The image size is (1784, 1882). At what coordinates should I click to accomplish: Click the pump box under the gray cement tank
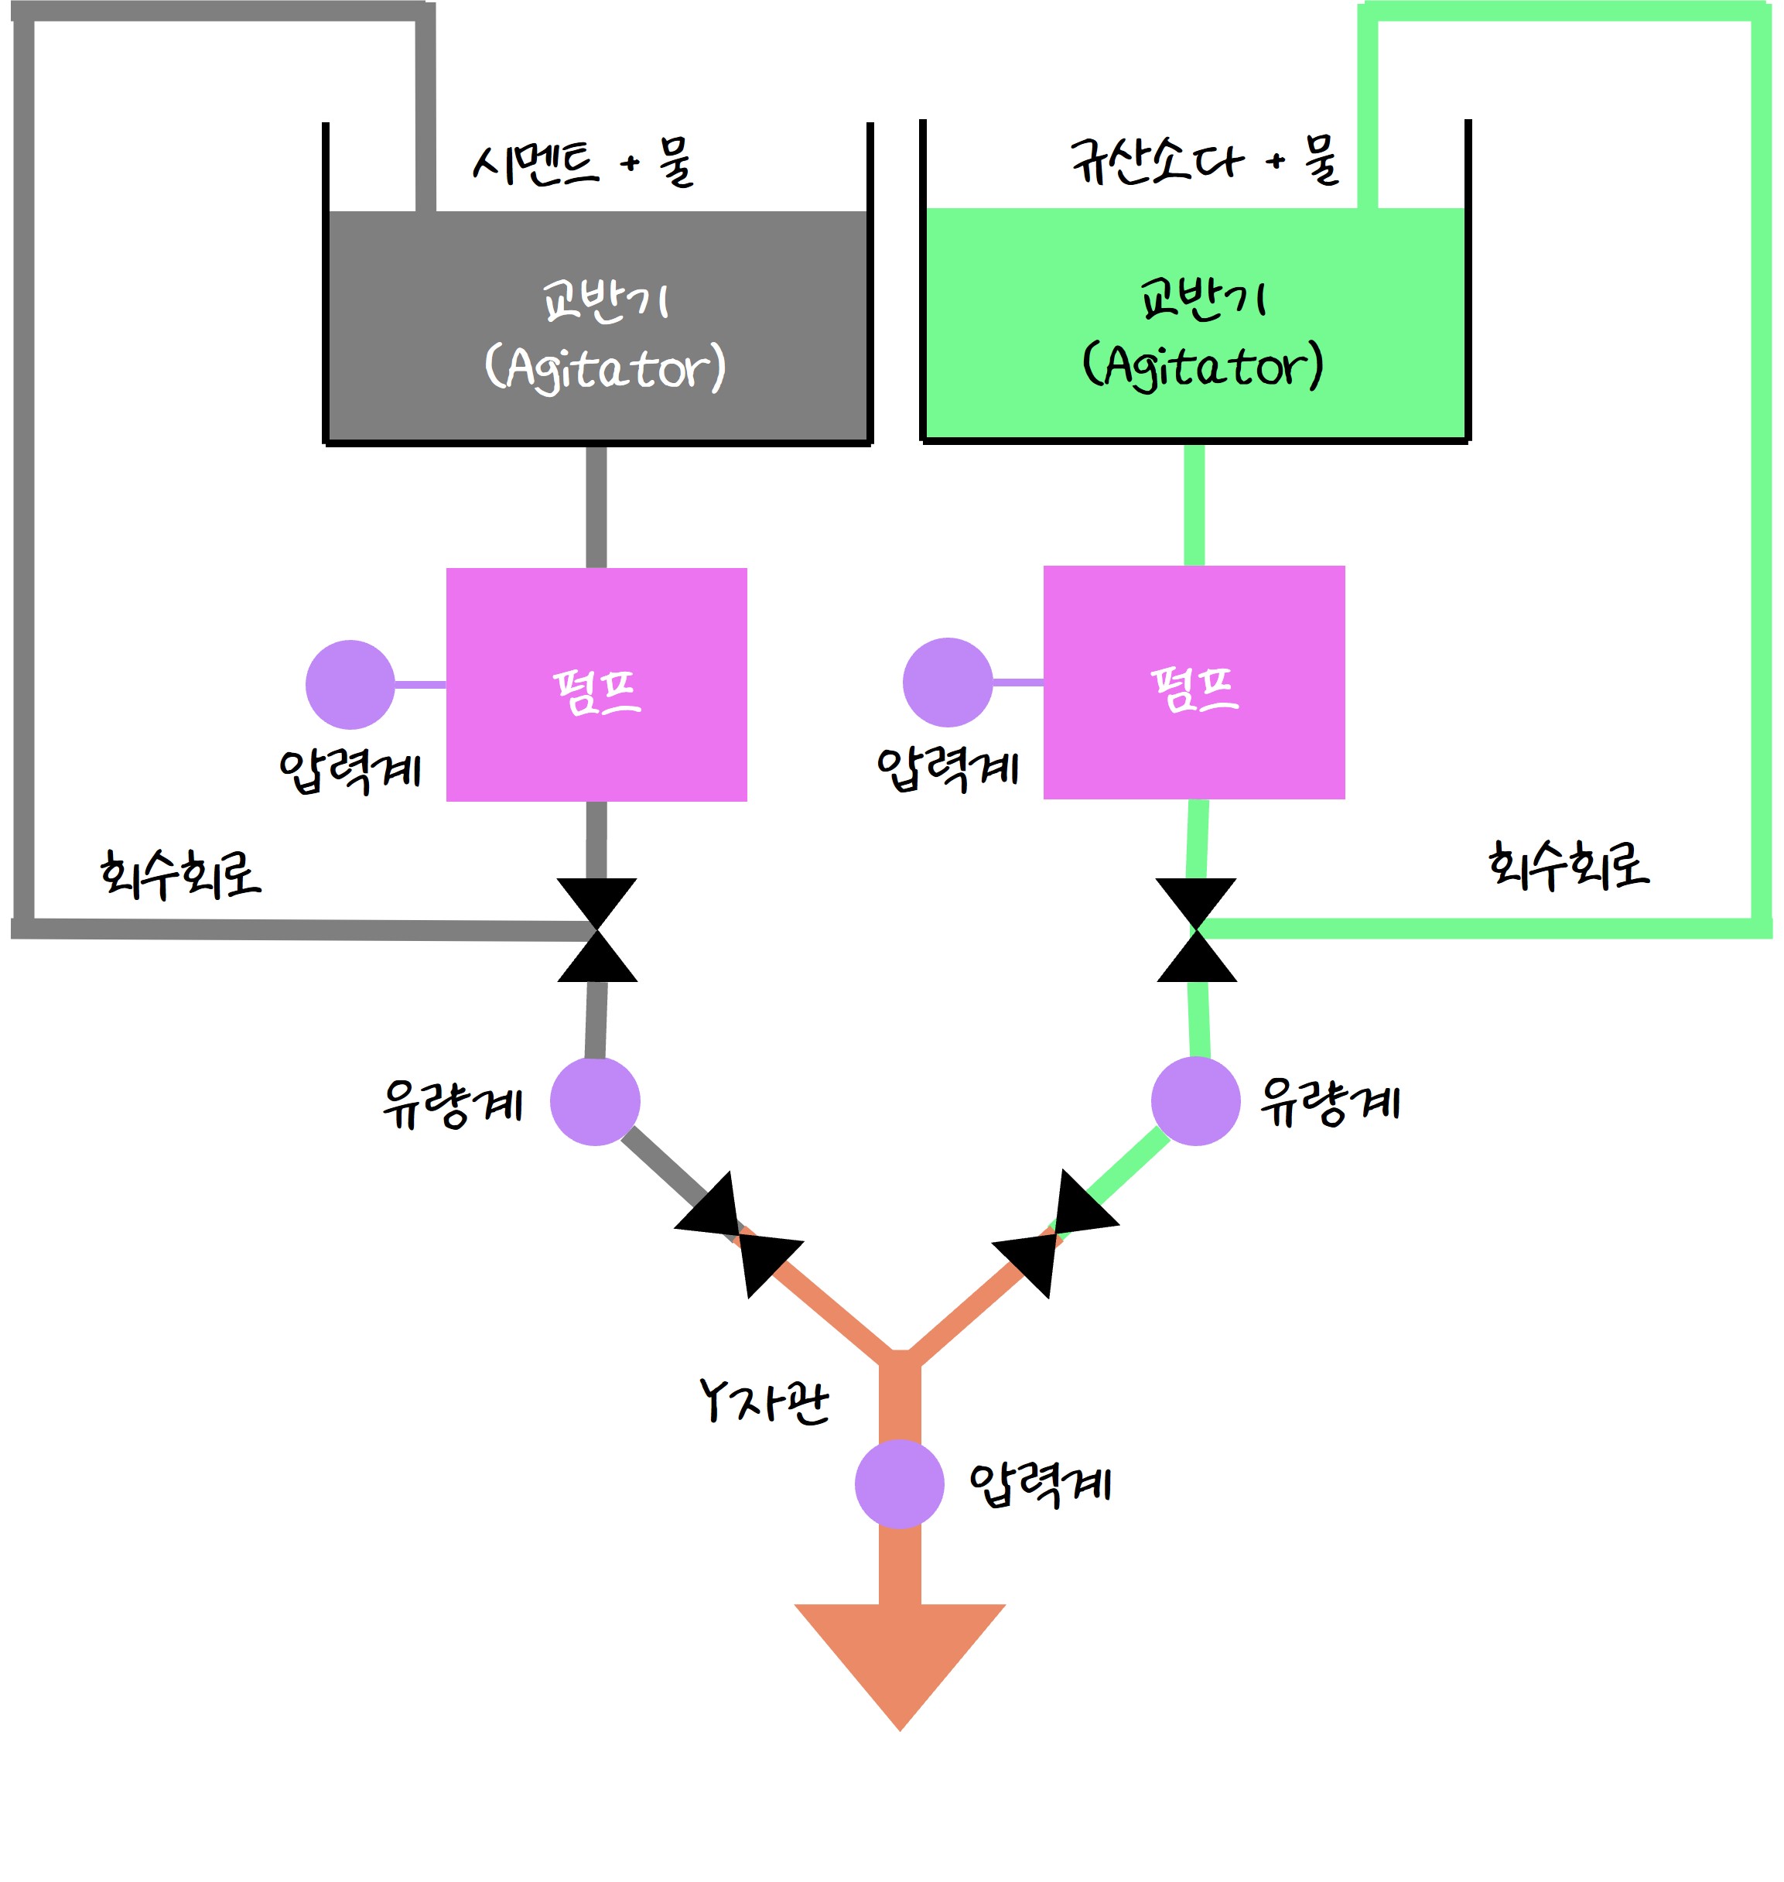point(596,685)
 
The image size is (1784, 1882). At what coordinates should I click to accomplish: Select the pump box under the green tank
point(1194,683)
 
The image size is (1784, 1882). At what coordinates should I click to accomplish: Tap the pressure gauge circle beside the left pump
point(350,685)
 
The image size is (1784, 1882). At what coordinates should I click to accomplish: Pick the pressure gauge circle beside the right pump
point(947,683)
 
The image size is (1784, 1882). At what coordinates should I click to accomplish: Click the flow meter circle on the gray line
point(595,1101)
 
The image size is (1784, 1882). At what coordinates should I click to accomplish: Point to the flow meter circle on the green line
point(1195,1101)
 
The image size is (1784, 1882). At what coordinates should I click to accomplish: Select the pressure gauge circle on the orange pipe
point(899,1484)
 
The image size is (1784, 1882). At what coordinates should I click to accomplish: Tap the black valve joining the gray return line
point(597,930)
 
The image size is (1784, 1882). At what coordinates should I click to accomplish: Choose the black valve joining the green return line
point(1196,930)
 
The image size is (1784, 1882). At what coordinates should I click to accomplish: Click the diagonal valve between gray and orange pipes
point(739,1234)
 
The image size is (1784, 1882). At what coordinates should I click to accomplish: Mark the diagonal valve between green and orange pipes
point(1055,1234)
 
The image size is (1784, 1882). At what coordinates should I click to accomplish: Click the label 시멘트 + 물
point(583,163)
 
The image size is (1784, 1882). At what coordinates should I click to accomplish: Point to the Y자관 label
point(764,1401)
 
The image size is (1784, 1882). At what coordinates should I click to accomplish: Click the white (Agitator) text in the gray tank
point(605,368)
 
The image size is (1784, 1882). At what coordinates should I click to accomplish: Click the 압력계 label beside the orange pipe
point(1040,1484)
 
